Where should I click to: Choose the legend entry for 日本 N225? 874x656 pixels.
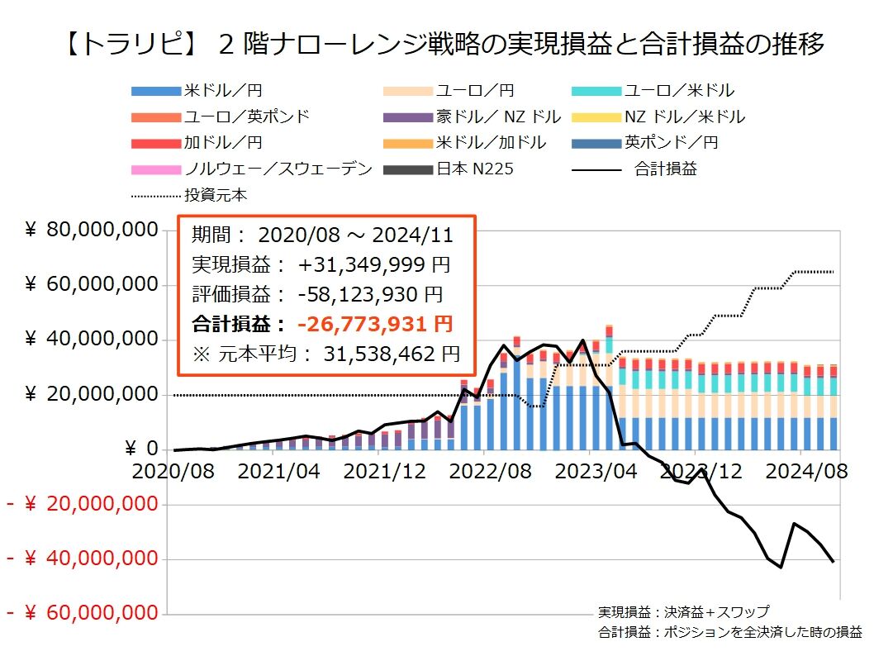click(475, 169)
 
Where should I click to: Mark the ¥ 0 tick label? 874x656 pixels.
click(140, 449)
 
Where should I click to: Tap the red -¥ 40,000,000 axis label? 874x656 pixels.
click(82, 559)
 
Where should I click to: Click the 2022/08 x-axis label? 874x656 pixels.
click(484, 472)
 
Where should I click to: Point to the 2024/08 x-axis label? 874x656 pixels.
click(800, 472)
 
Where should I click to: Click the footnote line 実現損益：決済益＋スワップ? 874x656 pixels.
click(683, 612)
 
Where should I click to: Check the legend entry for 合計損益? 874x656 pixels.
click(665, 169)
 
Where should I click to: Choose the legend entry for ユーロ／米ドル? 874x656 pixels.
click(678, 91)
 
